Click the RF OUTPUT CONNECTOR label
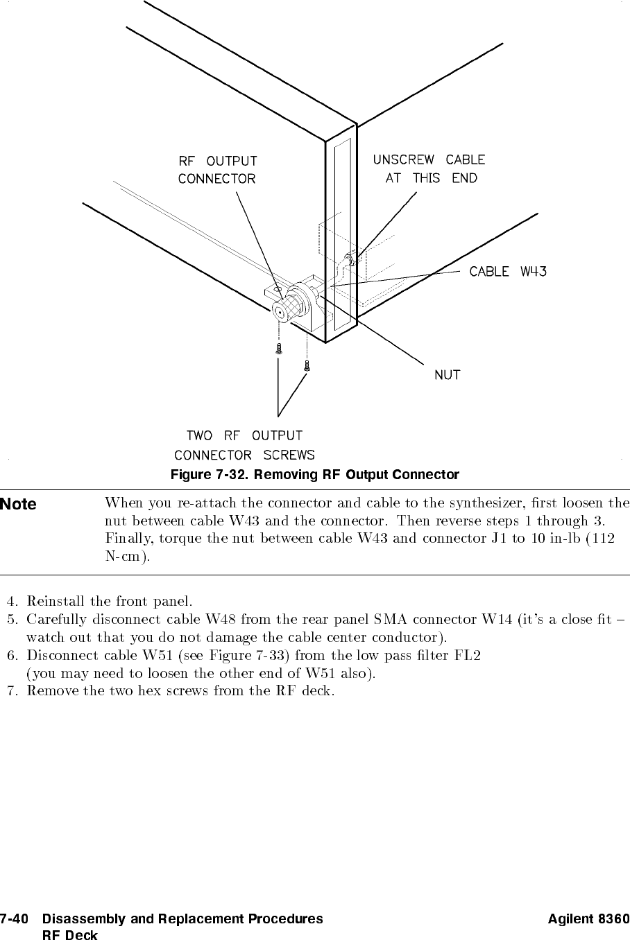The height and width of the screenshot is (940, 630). [217, 170]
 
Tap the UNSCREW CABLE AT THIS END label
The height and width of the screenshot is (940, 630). [429, 168]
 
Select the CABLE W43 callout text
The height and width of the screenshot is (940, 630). [508, 271]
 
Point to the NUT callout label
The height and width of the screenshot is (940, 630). [448, 375]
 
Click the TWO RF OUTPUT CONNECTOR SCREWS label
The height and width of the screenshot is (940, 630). [244, 446]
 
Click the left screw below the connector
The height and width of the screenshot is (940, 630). [278, 348]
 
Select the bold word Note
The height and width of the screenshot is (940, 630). [19, 504]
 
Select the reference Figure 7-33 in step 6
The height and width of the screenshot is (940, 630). [235, 654]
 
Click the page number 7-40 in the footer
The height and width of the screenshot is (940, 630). [15, 919]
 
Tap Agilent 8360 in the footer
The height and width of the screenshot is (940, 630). [588, 919]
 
